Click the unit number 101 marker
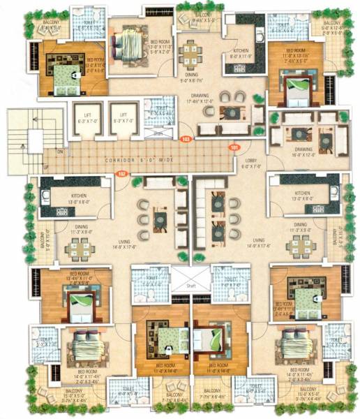click(234, 147)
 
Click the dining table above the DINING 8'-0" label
click(190, 54)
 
